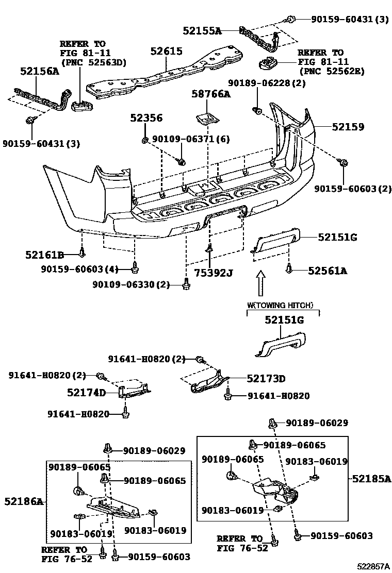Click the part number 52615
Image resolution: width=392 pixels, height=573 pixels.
point(167,51)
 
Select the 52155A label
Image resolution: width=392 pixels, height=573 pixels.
point(202,31)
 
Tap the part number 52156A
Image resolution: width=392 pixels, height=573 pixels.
point(40,71)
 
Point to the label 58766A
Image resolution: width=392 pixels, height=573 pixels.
point(211,94)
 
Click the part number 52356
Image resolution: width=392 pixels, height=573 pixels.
point(146,117)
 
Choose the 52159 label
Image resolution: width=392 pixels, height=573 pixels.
point(348,127)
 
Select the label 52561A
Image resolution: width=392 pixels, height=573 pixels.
point(328,271)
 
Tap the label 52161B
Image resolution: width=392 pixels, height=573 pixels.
point(45,255)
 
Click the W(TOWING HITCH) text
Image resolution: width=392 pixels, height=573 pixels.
point(280,305)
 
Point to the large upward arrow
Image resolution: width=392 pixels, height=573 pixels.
point(260,283)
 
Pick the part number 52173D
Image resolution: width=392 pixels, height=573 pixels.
point(266,378)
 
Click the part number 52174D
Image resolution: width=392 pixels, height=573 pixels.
point(86,393)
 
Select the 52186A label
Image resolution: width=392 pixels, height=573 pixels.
point(24,501)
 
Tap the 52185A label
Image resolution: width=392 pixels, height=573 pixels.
point(371,478)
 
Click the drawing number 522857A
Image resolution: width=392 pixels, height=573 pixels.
point(373,566)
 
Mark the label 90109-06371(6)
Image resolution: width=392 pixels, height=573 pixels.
point(191,139)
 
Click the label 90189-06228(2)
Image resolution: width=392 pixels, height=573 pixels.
point(267,83)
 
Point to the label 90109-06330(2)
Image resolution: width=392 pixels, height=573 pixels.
point(132,284)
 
